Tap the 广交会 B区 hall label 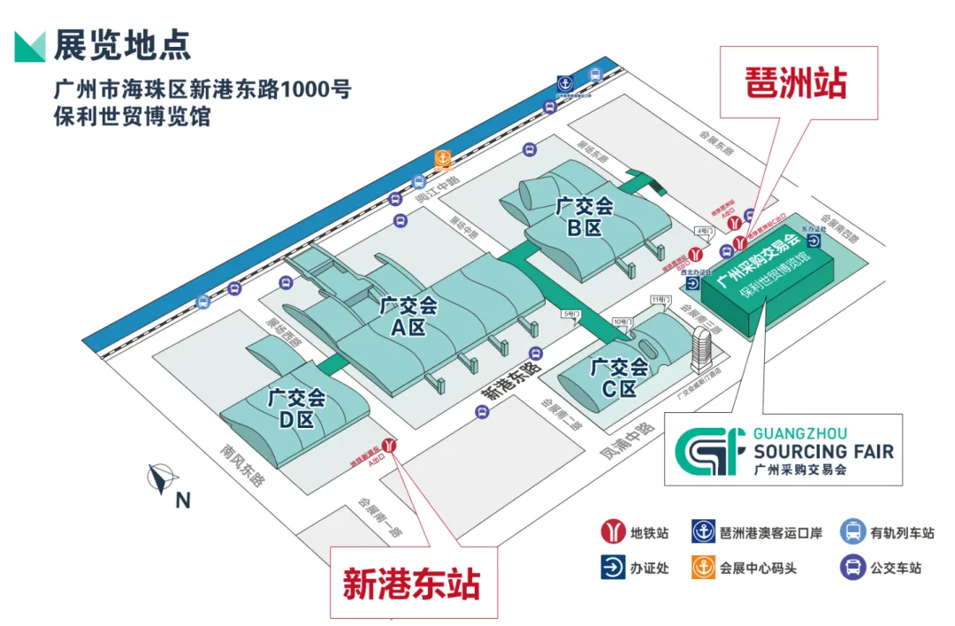[584, 217]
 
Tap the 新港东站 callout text [411, 584]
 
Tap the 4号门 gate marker [704, 232]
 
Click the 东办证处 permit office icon [813, 240]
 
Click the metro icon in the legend [612, 533]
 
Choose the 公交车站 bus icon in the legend [852, 568]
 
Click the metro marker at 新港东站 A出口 [388, 446]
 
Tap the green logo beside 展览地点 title [30, 46]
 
